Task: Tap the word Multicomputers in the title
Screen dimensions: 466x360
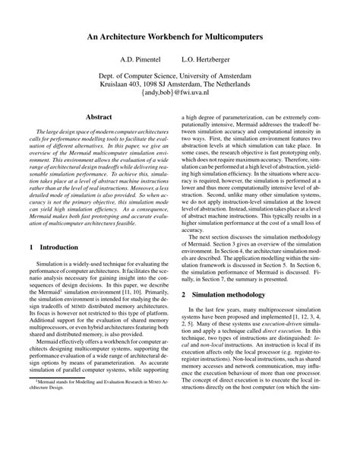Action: (237, 36)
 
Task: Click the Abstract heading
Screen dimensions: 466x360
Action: (99, 118)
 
